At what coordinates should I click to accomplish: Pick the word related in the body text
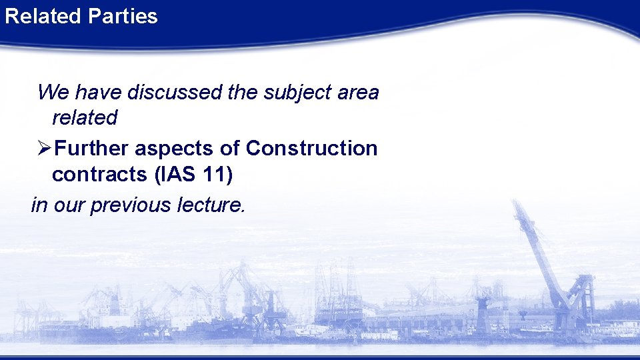(84, 118)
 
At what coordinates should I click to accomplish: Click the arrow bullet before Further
(45, 148)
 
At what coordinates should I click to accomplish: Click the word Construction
(311, 148)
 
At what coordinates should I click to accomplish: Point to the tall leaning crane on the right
(540, 253)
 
